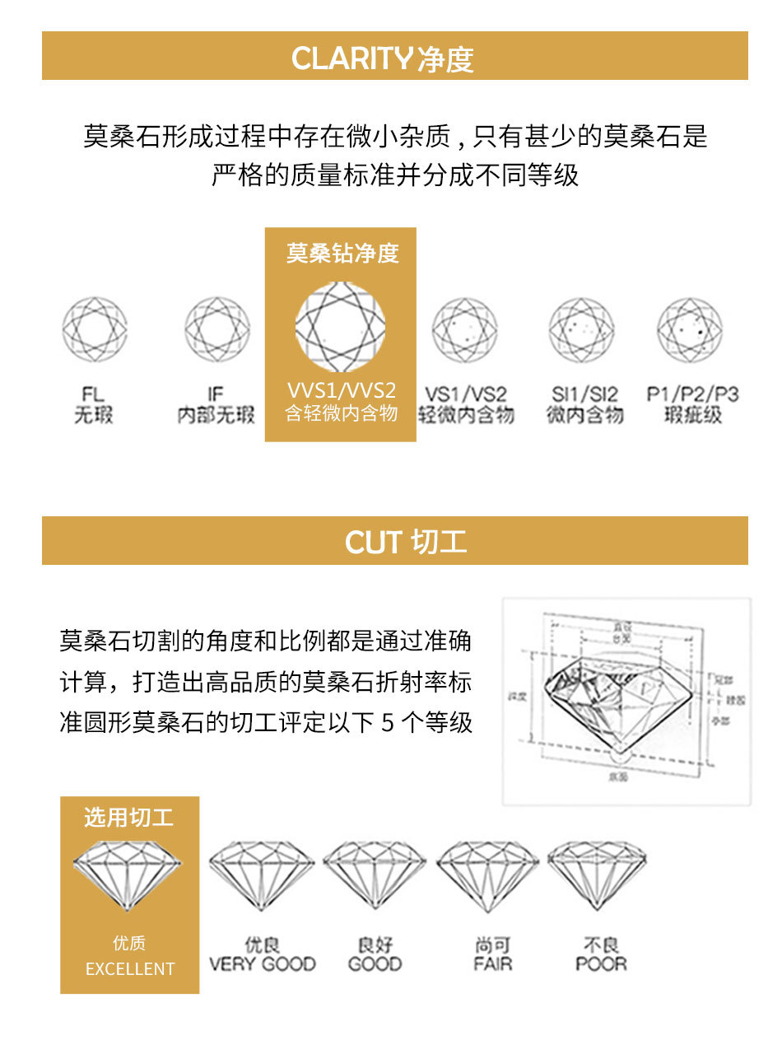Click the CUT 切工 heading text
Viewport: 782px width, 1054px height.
(x=406, y=542)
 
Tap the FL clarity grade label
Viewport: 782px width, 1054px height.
(x=94, y=395)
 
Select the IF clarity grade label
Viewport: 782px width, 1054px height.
(x=216, y=395)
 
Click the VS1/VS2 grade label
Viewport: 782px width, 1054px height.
(x=466, y=395)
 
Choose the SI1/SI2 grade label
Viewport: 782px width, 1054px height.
(x=584, y=395)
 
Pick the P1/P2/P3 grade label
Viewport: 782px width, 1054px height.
(x=692, y=395)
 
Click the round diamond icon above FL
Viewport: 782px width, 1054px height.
(x=95, y=329)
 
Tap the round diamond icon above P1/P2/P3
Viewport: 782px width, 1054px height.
(x=690, y=329)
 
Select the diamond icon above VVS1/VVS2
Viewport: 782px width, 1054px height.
(x=340, y=327)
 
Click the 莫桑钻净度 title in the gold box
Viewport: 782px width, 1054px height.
(x=342, y=253)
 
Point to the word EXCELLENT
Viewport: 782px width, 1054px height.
(x=130, y=969)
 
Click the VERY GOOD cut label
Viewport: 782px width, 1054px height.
(x=262, y=963)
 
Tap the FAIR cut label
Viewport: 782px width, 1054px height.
(x=492, y=963)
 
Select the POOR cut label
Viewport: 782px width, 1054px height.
(x=601, y=963)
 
